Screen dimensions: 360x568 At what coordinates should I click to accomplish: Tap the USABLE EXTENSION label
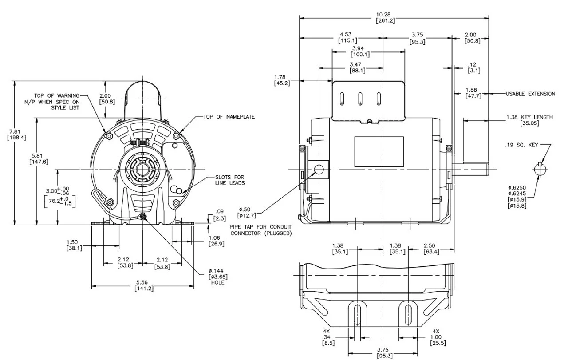coord(530,94)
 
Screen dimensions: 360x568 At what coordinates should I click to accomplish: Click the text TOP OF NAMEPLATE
coord(229,116)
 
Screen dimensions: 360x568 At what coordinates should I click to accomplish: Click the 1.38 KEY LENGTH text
coord(529,117)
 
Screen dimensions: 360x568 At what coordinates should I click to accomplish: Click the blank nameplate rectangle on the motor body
coord(379,151)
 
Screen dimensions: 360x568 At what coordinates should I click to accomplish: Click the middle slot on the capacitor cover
coord(360,98)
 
